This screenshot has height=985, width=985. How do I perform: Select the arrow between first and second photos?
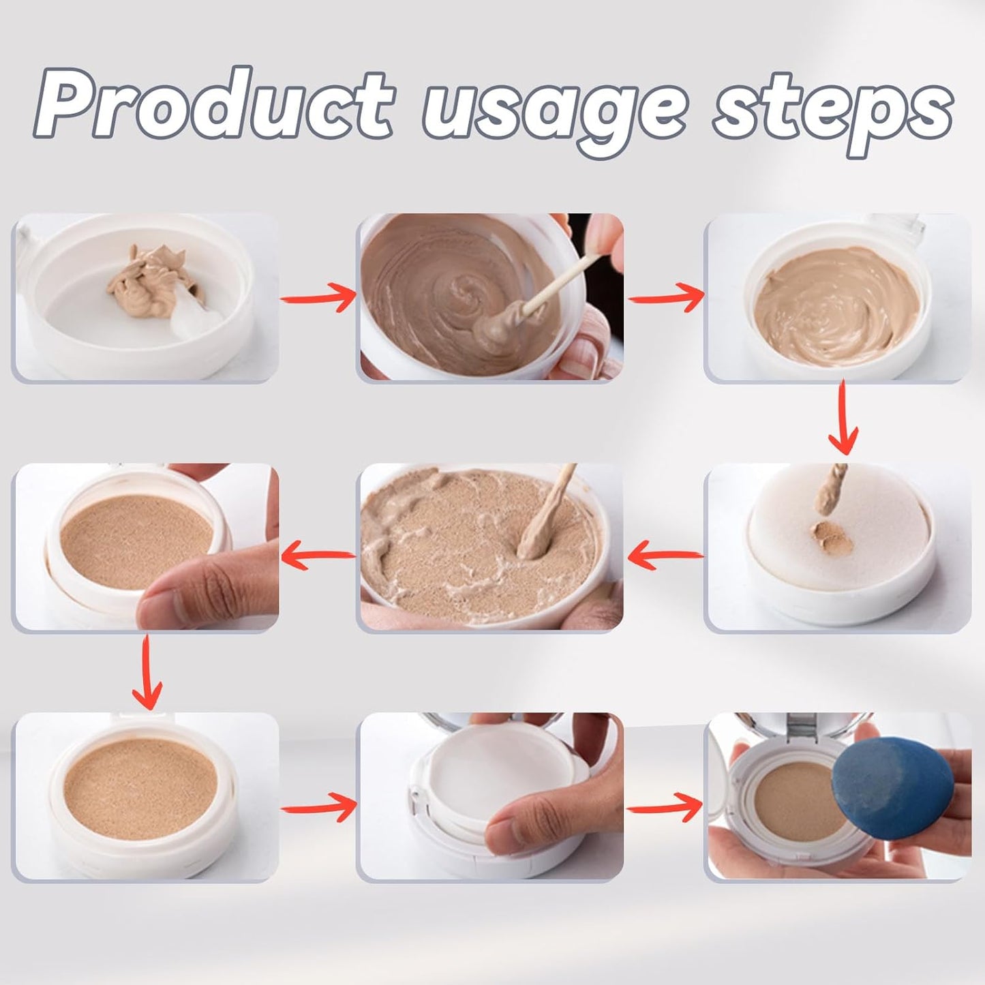(x=318, y=299)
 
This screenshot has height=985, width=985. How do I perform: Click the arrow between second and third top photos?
(x=665, y=299)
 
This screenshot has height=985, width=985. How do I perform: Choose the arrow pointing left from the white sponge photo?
(x=665, y=556)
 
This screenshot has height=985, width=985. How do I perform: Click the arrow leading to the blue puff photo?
(x=665, y=808)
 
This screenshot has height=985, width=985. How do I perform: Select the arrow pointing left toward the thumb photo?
(x=318, y=556)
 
